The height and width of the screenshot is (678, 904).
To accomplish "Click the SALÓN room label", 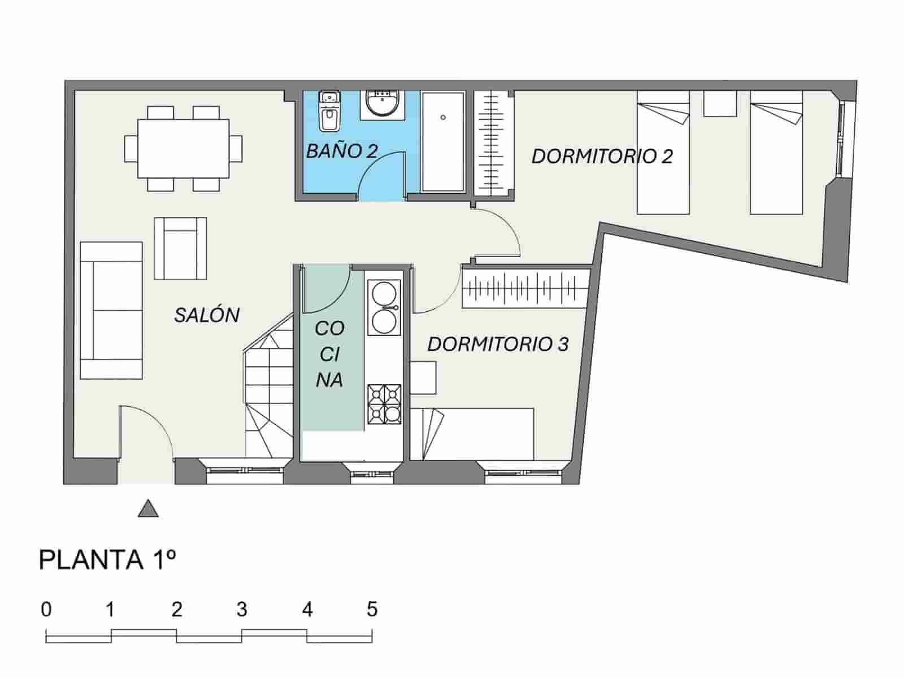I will [207, 315].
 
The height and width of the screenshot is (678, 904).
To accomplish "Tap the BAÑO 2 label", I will [341, 151].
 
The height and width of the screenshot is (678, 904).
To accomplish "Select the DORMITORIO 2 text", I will [602, 157].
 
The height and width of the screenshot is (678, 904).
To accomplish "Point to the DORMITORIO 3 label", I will [497, 344].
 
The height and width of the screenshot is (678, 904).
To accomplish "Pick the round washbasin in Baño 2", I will [383, 104].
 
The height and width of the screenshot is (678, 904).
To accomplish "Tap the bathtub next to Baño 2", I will [443, 142].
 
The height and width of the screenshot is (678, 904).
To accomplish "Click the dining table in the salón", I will [184, 148].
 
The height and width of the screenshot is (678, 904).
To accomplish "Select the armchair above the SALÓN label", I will [180, 249].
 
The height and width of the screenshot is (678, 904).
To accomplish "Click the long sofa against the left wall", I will [111, 310].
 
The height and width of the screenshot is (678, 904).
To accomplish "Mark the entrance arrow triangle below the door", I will [148, 509].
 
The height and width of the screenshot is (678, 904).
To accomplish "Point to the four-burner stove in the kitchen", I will [384, 405].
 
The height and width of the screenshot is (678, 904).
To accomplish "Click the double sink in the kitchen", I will [384, 308].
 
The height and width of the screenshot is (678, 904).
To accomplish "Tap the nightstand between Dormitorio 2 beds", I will [719, 104].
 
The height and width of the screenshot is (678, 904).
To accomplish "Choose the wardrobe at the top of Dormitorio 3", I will [525, 288].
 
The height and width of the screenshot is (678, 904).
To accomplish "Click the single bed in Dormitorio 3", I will [472, 434].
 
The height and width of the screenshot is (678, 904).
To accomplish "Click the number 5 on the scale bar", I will [371, 610].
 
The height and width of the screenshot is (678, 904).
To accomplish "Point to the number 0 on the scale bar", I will [46, 610].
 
